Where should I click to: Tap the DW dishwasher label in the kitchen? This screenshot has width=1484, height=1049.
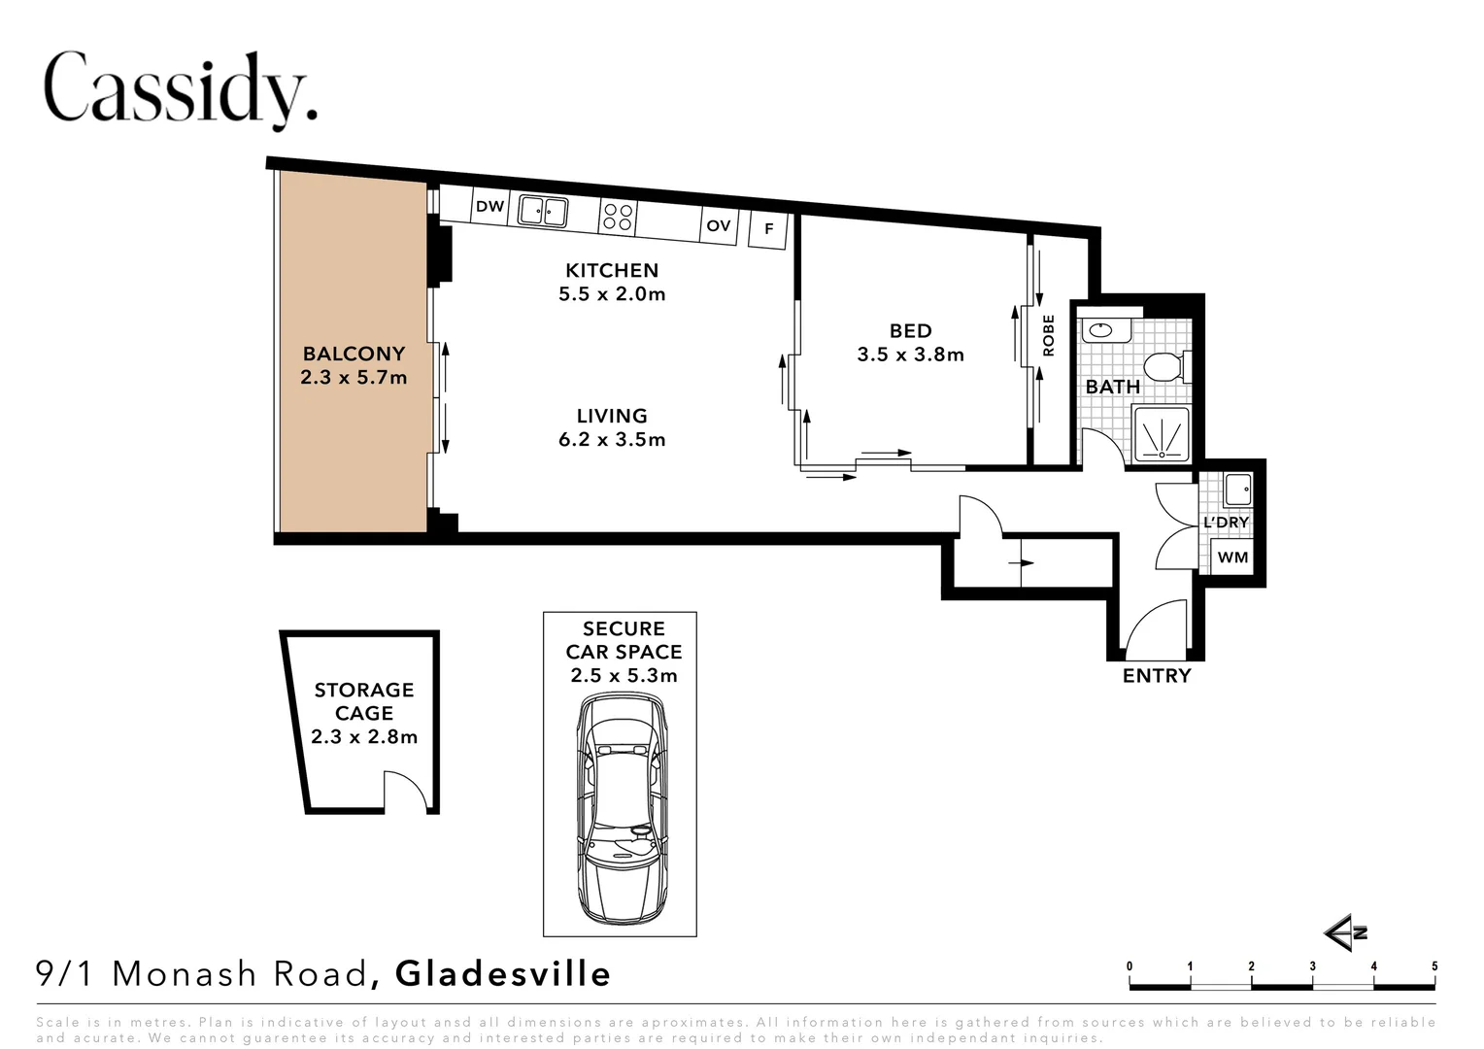(x=490, y=206)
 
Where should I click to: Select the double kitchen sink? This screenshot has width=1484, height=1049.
(x=543, y=211)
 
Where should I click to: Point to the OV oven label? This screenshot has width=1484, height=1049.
(x=718, y=226)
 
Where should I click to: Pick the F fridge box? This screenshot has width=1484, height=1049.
(x=768, y=229)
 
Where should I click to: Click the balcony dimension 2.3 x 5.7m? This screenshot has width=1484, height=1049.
(x=354, y=377)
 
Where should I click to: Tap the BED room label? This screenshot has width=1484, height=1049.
(x=910, y=330)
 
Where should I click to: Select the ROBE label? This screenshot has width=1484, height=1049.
(x=1048, y=335)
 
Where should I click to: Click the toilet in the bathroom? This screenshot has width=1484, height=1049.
(x=1166, y=368)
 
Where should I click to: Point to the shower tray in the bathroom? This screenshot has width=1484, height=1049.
(x=1162, y=435)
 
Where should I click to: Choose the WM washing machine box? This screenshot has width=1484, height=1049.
(x=1232, y=558)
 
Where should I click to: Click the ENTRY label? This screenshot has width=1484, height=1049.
(x=1157, y=676)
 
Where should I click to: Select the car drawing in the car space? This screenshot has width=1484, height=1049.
(x=622, y=808)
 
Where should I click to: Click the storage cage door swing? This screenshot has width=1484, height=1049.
(x=406, y=791)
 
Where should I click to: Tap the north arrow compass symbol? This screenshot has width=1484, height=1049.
(x=1345, y=933)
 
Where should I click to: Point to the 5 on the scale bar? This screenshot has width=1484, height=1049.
(x=1434, y=966)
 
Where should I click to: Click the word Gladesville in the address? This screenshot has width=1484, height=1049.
(x=503, y=973)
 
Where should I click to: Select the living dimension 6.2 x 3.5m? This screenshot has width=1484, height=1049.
(x=612, y=439)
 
